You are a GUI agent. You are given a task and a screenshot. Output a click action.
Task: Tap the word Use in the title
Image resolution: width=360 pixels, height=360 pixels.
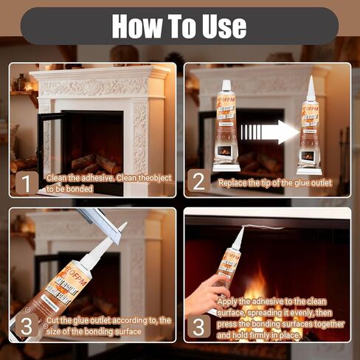[x=219, y=26]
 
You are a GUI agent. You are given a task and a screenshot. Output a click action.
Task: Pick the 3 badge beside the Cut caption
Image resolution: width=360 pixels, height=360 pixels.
[x=25, y=325]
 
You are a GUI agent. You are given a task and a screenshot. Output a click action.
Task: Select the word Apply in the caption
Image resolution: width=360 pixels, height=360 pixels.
[x=229, y=301]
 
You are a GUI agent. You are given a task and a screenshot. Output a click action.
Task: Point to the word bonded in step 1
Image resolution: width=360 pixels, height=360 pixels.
[x=83, y=189]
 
